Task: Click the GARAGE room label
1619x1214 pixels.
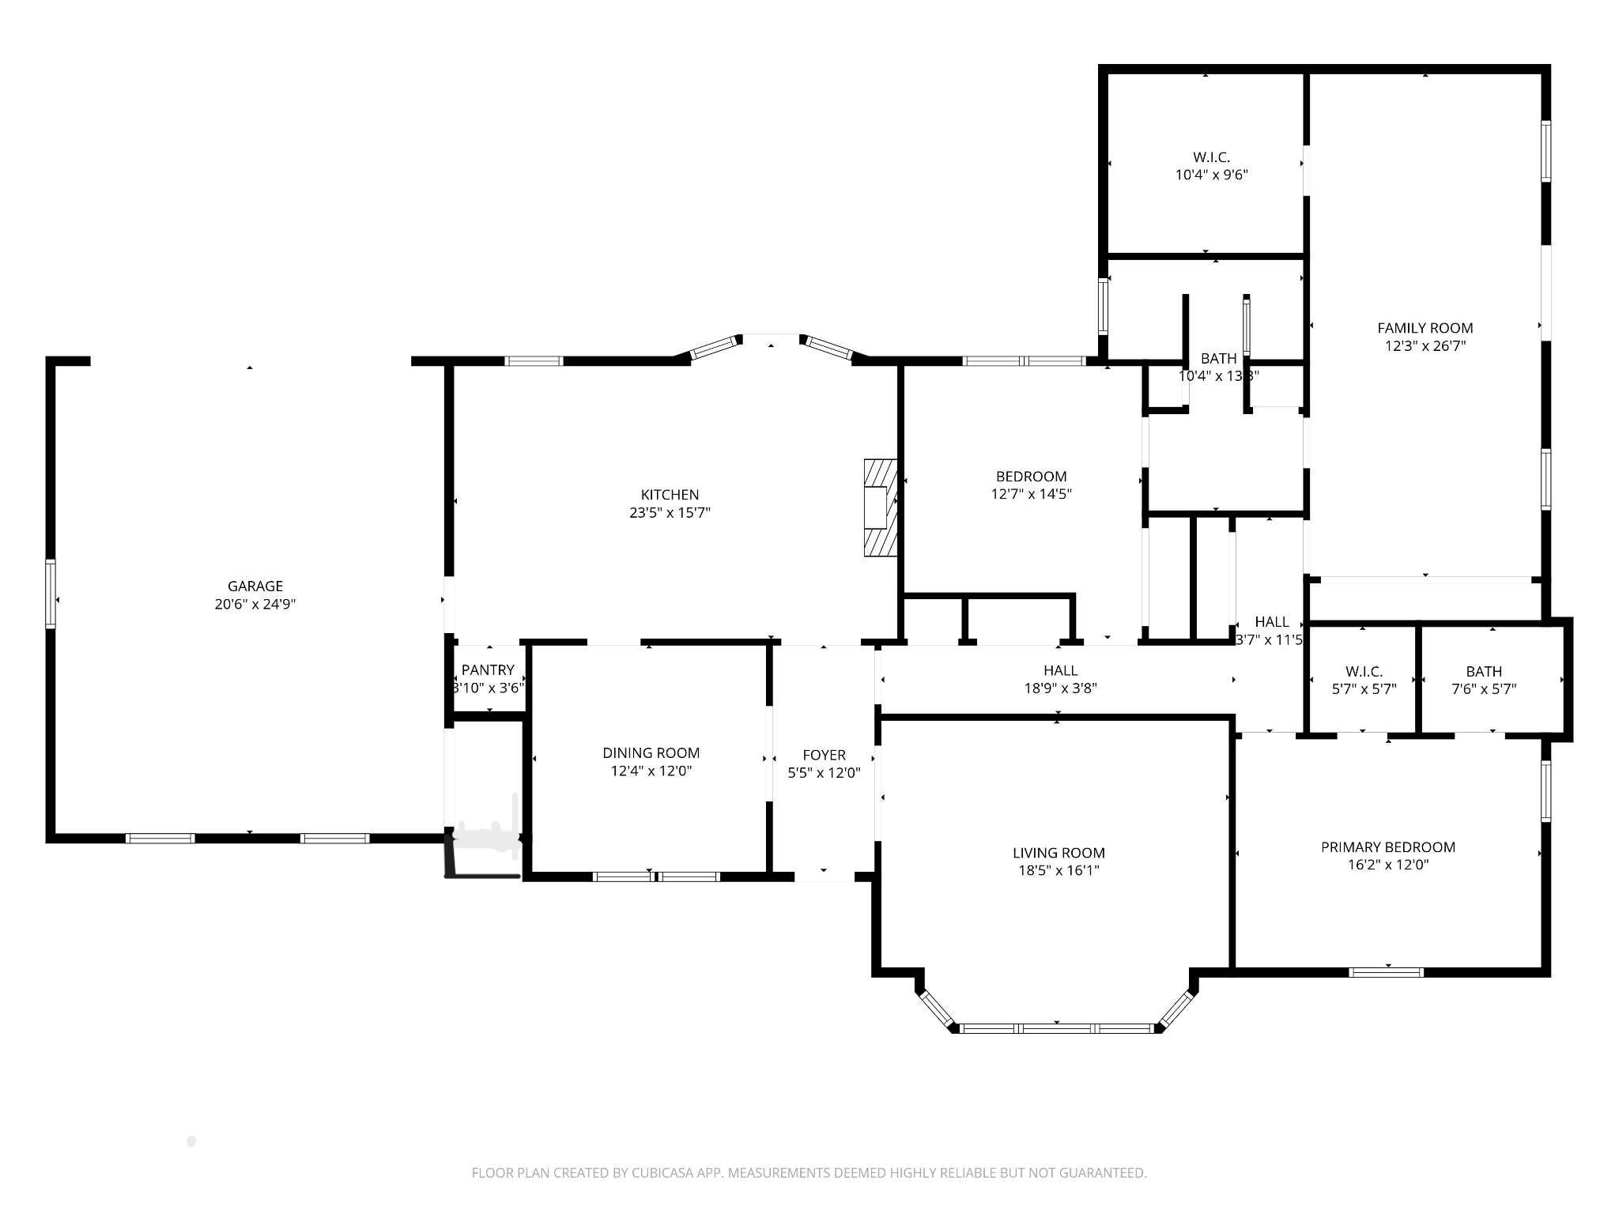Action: click(x=255, y=586)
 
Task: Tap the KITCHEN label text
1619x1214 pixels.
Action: click(x=670, y=495)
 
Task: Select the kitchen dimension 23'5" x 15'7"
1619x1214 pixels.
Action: click(x=670, y=512)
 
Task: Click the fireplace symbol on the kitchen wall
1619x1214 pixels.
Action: click(x=881, y=507)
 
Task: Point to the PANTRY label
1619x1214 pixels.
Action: click(x=488, y=670)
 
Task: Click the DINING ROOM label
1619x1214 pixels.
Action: click(x=651, y=753)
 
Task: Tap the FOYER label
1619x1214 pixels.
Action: click(x=824, y=755)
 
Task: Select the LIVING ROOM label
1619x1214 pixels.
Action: click(x=1059, y=853)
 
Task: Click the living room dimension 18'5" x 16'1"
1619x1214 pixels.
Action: click(x=1059, y=870)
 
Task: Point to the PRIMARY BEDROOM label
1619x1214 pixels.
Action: click(x=1388, y=847)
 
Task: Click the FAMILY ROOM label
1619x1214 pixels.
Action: click(x=1425, y=328)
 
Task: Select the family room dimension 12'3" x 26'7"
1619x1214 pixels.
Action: click(x=1425, y=345)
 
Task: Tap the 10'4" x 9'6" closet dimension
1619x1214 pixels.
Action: click(x=1211, y=175)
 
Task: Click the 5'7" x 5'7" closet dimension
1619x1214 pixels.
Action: click(x=1364, y=688)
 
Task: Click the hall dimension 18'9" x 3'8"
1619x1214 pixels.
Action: click(x=1060, y=688)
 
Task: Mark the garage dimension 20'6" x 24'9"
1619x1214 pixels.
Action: click(x=255, y=604)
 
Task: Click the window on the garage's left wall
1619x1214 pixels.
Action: click(x=51, y=594)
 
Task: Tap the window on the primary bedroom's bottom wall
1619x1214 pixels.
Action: click(x=1387, y=972)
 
